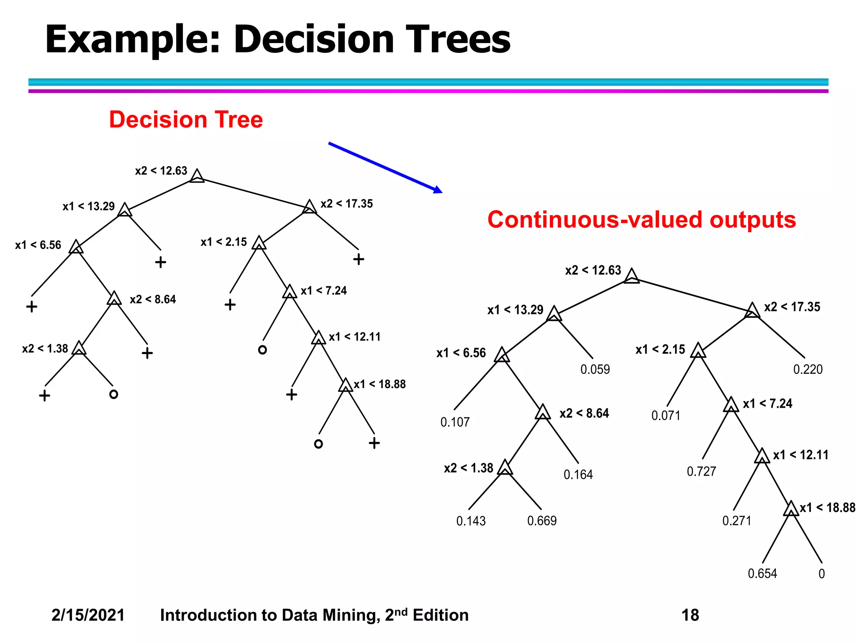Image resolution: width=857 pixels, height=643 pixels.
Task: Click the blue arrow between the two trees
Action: (x=385, y=167)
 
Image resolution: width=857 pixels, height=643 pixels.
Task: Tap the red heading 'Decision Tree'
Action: (x=186, y=120)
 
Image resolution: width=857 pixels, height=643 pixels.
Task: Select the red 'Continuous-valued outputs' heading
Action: (x=641, y=220)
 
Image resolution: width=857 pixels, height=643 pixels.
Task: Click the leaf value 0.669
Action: (x=542, y=521)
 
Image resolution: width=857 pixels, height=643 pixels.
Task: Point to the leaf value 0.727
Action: (x=701, y=472)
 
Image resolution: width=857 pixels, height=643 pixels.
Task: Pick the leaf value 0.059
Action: (x=595, y=369)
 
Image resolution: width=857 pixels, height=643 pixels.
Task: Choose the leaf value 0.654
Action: (x=762, y=574)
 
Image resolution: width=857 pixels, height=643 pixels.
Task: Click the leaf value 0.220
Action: (x=808, y=369)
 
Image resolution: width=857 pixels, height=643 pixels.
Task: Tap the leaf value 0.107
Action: (x=455, y=422)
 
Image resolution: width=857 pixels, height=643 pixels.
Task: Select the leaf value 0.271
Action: (x=737, y=521)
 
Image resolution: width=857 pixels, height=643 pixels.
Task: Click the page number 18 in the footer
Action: (x=690, y=615)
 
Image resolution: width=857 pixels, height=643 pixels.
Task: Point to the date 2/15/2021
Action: (x=88, y=615)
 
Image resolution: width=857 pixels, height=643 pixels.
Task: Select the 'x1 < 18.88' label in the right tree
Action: (x=827, y=508)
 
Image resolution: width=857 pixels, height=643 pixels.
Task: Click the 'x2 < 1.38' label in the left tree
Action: (x=45, y=349)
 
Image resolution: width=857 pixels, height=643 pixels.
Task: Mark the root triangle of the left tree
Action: (x=197, y=176)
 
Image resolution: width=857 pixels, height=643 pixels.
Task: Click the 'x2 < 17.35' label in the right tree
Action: (x=792, y=307)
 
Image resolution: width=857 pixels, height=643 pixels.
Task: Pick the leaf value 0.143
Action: (x=471, y=521)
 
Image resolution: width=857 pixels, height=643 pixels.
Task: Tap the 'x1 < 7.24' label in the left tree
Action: (x=324, y=291)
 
